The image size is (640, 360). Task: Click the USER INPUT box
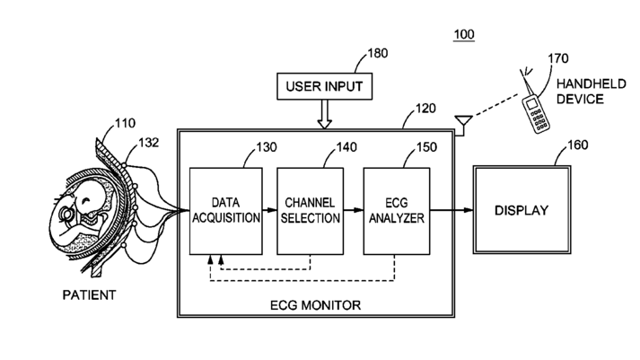pos(325,86)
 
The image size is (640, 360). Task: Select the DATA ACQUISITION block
pos(225,211)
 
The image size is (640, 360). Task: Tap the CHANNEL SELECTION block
pos(311,211)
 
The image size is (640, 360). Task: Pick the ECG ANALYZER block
pos(397,211)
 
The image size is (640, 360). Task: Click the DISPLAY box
pos(522,210)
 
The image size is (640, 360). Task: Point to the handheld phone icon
pos(536,113)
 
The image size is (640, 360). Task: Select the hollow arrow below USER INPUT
pos(325,114)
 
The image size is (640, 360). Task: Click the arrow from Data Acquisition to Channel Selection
pos(269,210)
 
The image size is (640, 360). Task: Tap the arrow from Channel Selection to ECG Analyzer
pos(354,210)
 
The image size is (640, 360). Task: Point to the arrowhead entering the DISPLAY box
pos(468,210)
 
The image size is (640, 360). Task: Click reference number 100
pos(464,34)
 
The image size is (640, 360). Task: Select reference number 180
pos(378,53)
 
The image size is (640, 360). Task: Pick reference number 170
pos(558,58)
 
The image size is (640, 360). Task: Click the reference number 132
pos(149,143)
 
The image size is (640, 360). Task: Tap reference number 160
pos(577,145)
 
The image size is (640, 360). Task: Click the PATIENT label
pos(89,295)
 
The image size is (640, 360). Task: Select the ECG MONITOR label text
pos(315,305)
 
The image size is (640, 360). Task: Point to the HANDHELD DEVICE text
pos(591,92)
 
